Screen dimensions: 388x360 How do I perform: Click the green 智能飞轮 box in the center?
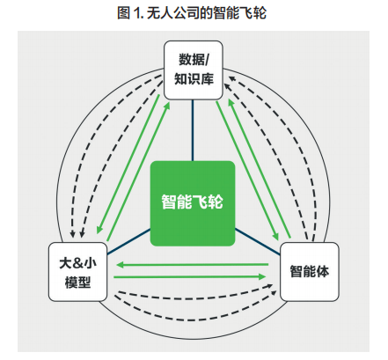coord(193,203)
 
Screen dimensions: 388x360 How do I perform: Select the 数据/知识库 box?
coord(194,70)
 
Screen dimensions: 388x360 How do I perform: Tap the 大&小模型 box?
coord(77,272)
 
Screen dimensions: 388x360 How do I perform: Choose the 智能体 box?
coord(310,272)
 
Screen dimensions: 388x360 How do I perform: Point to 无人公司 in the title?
coord(173,13)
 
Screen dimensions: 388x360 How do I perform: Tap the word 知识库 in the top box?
coord(194,79)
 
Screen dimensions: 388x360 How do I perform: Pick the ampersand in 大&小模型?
coord(77,263)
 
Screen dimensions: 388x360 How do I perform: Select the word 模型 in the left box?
coord(77,282)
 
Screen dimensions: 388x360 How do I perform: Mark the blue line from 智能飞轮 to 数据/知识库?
coord(193,130)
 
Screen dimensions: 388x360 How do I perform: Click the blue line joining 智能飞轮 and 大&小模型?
coord(128,242)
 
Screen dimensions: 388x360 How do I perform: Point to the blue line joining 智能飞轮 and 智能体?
coord(258,242)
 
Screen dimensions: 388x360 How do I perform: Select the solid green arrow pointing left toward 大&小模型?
coord(193,265)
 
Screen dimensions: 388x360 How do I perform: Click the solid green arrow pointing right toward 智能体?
coord(190,276)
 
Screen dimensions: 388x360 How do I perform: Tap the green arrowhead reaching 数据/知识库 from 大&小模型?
coord(167,106)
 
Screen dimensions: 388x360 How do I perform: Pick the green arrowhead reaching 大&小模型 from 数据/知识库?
coord(99,230)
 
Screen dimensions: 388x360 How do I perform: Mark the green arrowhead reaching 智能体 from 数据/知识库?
coord(275,236)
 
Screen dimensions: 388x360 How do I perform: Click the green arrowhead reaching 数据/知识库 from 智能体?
coord(231,103)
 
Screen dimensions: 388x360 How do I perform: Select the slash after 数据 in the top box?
coord(207,60)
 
